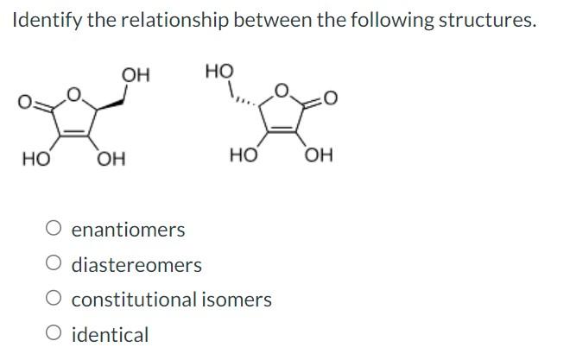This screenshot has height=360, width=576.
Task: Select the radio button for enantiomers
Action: (54, 230)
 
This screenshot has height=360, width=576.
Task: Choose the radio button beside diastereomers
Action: (54, 264)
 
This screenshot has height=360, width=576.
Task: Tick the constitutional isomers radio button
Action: (54, 300)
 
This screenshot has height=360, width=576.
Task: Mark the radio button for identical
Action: (54, 334)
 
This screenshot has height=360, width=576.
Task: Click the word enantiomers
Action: (128, 230)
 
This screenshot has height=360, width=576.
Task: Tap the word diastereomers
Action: (136, 264)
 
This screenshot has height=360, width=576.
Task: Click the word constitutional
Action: (133, 300)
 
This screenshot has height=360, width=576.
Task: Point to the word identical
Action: (110, 334)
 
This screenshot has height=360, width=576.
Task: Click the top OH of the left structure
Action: (136, 75)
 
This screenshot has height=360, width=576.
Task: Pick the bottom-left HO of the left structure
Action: (35, 159)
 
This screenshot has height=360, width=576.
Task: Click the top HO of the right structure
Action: (219, 71)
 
